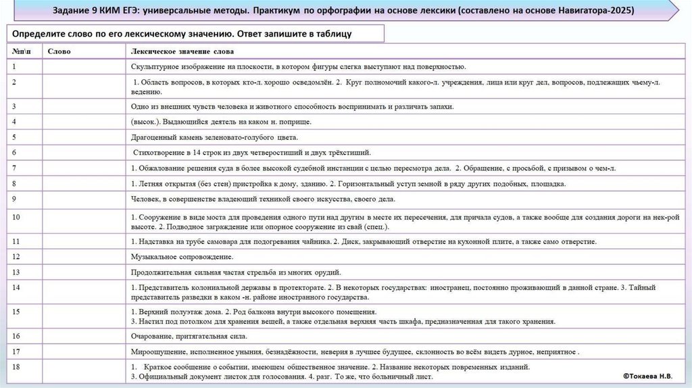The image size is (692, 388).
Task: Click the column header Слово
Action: tap(59, 51)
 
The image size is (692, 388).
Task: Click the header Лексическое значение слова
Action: tap(182, 51)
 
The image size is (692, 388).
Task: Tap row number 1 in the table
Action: tap(14, 66)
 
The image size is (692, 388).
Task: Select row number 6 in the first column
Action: tap(14, 152)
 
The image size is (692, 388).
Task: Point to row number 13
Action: tap(16, 272)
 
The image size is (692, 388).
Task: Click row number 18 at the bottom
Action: tap(16, 366)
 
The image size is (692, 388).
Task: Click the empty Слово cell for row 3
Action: tap(84, 106)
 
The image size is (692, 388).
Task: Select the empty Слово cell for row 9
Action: tap(84, 199)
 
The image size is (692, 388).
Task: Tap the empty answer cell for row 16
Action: tap(84, 335)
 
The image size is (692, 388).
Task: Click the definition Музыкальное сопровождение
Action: tap(182, 257)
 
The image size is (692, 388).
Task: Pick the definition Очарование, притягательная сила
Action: tap(189, 335)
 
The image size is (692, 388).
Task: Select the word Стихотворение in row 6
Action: tap(159, 152)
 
